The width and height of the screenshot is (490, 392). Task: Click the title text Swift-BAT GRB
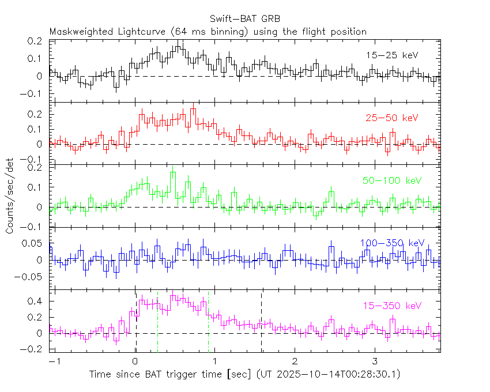coord(245,20)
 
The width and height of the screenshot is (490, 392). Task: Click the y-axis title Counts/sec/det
coord(10,196)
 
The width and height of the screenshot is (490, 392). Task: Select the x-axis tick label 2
coord(295,361)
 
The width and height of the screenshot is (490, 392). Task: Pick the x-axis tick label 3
coord(375,361)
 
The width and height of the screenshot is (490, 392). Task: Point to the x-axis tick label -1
coord(55,361)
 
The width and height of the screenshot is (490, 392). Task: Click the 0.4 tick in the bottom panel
coord(37,301)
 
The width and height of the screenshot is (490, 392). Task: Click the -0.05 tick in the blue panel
coord(32,277)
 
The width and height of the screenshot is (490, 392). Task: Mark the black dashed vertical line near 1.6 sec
coord(262,323)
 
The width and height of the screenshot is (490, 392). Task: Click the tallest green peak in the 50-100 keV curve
coord(173,172)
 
